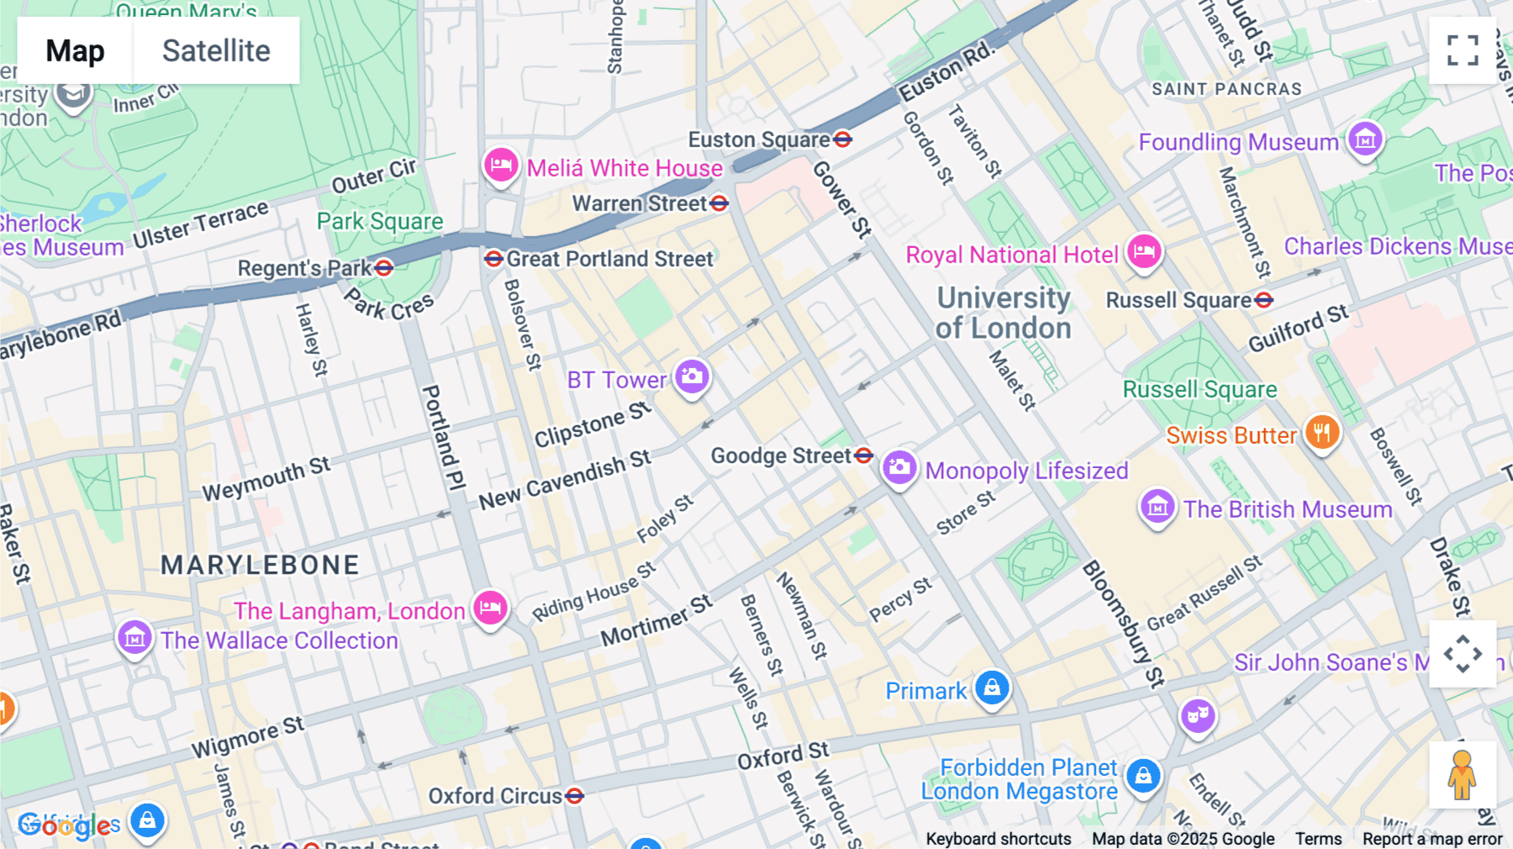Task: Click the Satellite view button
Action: coord(216,50)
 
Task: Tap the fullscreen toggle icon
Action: coord(1463,50)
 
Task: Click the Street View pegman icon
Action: coord(1463,774)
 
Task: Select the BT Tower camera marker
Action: coord(692,377)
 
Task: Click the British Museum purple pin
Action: coord(1157,507)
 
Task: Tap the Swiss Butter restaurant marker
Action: coord(1322,433)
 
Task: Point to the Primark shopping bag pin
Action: coord(992,688)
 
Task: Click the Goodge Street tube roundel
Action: coord(863,456)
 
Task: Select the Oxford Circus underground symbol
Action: coord(575,795)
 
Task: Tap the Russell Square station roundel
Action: coord(1263,300)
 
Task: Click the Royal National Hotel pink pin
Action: coord(1144,251)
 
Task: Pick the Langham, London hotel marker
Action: coord(490,607)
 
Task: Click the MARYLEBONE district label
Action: coord(260,565)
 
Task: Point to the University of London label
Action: coord(1004,313)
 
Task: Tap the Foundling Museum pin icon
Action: coord(1365,139)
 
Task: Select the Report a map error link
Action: coord(1432,839)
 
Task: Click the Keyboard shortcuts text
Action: coord(998,839)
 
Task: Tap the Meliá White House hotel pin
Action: coord(501,165)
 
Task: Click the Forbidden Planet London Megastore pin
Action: coord(1143,776)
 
